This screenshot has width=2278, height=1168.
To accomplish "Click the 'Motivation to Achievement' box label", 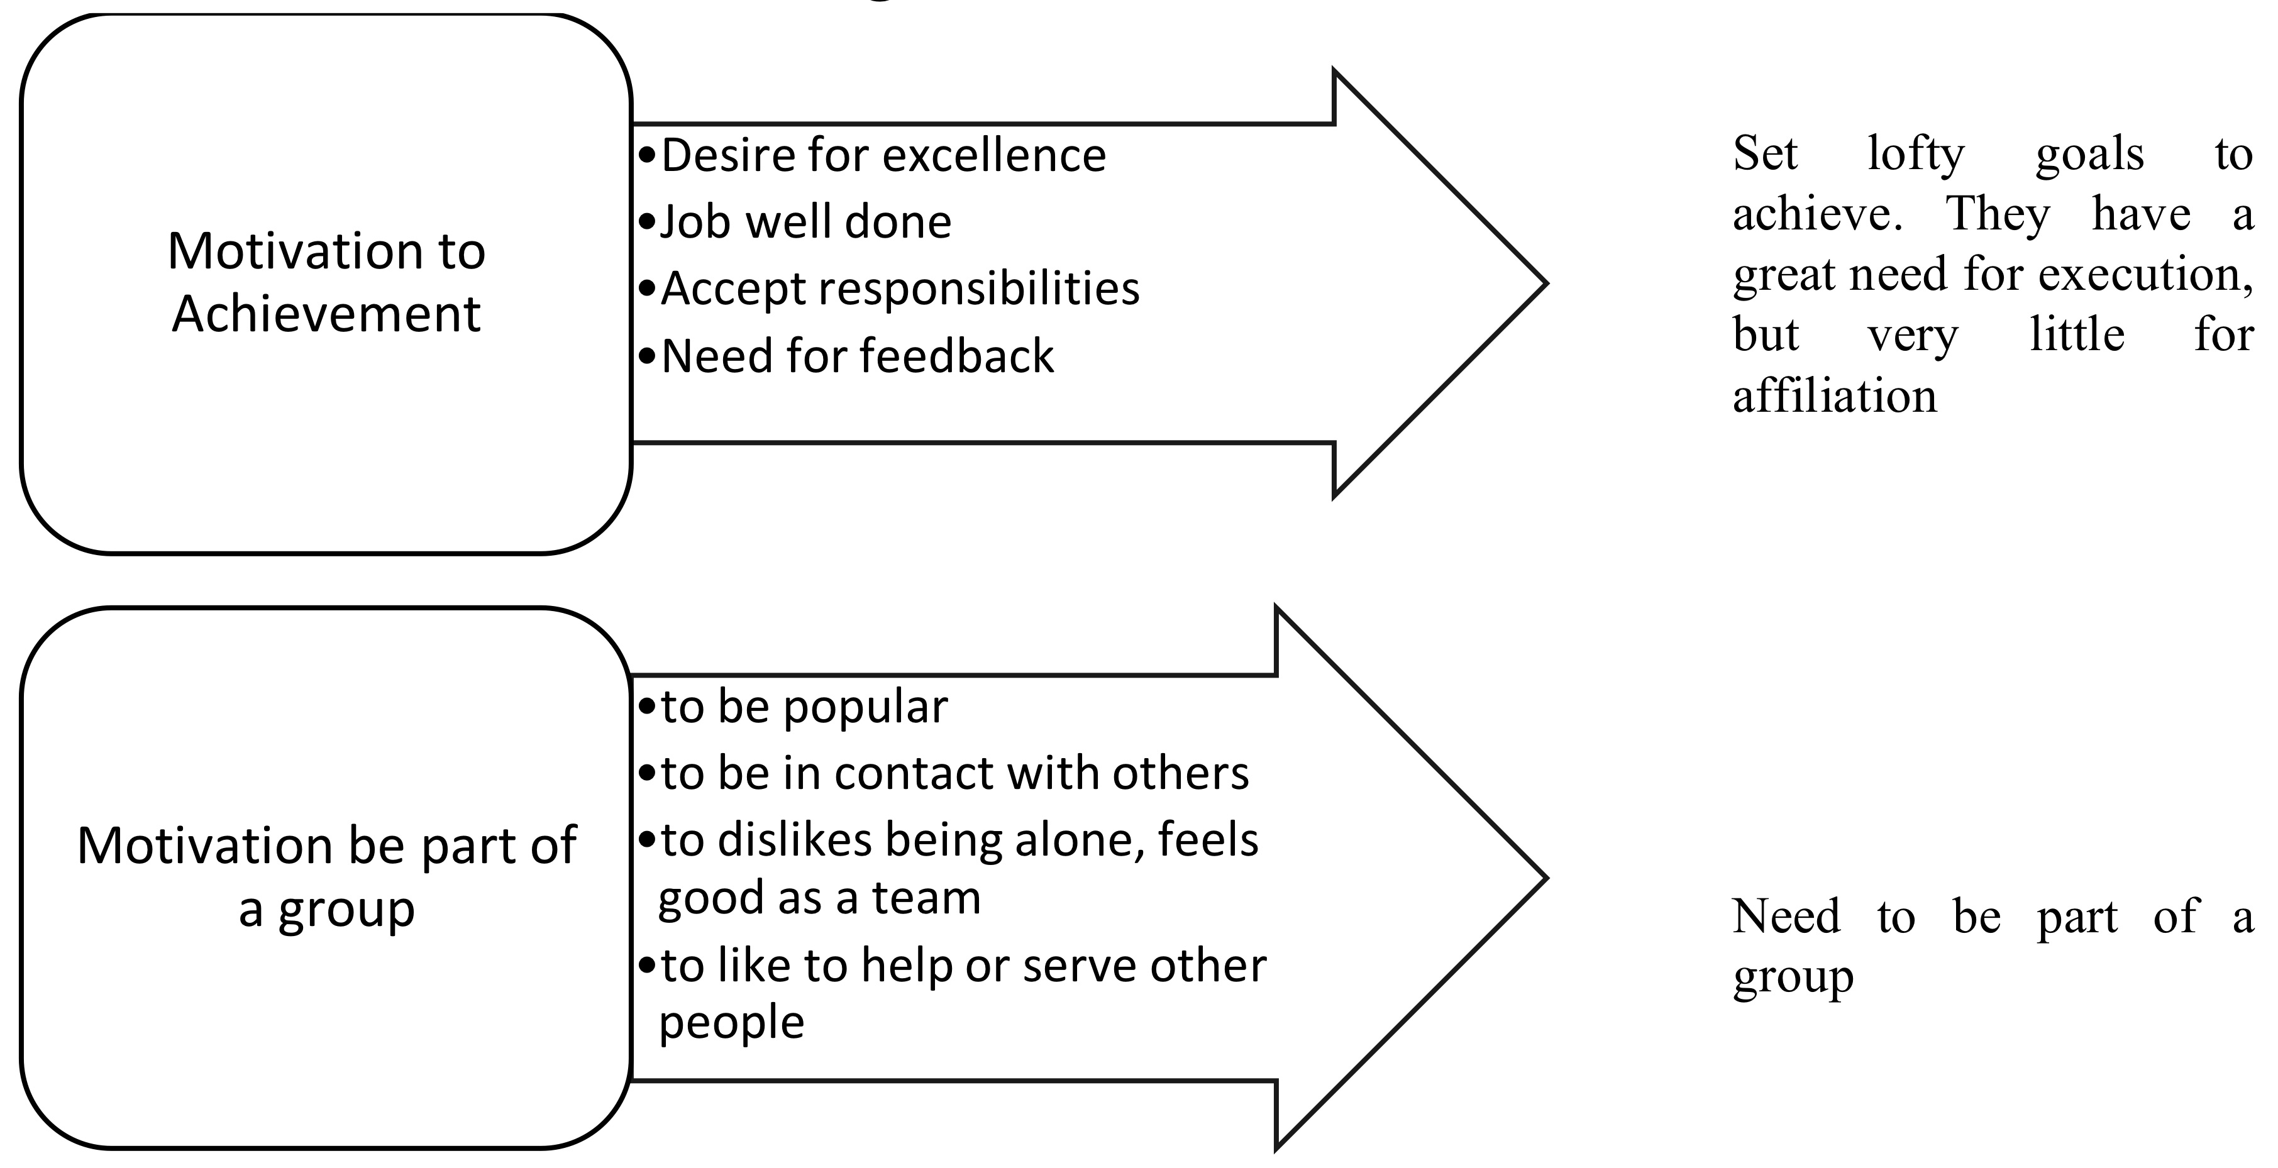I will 326,282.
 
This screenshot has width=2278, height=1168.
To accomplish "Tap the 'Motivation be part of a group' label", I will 326,876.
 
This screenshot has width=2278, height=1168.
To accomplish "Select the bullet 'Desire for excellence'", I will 883,156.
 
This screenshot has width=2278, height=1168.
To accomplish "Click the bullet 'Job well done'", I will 805,221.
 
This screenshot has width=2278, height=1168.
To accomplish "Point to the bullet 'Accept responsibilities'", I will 899,289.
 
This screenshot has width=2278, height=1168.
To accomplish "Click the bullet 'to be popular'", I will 804,707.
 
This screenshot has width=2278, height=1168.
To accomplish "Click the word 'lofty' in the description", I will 1915,154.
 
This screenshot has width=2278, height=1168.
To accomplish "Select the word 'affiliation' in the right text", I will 1834,395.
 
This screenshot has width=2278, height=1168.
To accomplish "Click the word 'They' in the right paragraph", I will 1998,214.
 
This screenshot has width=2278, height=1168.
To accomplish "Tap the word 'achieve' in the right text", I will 1815,214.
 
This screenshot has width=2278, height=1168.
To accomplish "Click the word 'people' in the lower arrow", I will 731,1023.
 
